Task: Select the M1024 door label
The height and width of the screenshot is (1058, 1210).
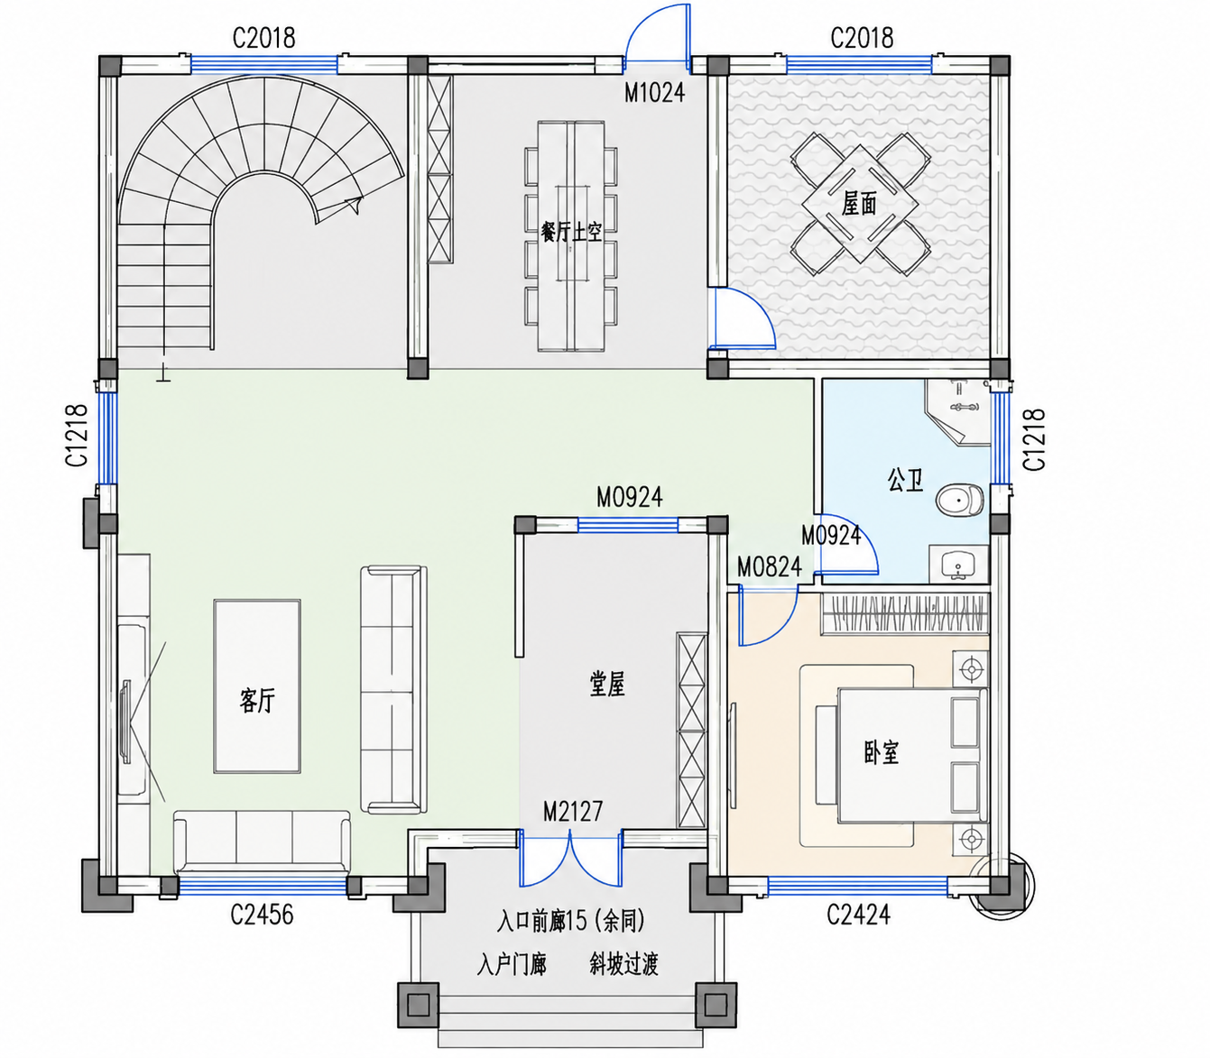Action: click(655, 93)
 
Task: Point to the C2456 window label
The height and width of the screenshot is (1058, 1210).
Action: click(262, 915)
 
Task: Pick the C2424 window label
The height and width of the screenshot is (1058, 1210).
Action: click(858, 915)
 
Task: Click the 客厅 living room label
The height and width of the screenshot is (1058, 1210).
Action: click(257, 701)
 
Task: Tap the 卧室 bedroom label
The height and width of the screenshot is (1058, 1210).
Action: click(882, 752)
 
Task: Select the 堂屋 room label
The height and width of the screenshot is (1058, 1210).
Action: click(607, 685)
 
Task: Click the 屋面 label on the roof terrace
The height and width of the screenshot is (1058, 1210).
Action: click(859, 205)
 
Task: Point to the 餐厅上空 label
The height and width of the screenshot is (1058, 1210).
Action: click(571, 232)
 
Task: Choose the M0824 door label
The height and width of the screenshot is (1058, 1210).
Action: click(770, 567)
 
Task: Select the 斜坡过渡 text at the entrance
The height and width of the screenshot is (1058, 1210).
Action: click(623, 964)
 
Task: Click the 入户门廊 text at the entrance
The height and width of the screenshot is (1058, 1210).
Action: click(513, 964)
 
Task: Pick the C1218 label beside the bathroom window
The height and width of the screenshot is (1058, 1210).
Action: click(1034, 440)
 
